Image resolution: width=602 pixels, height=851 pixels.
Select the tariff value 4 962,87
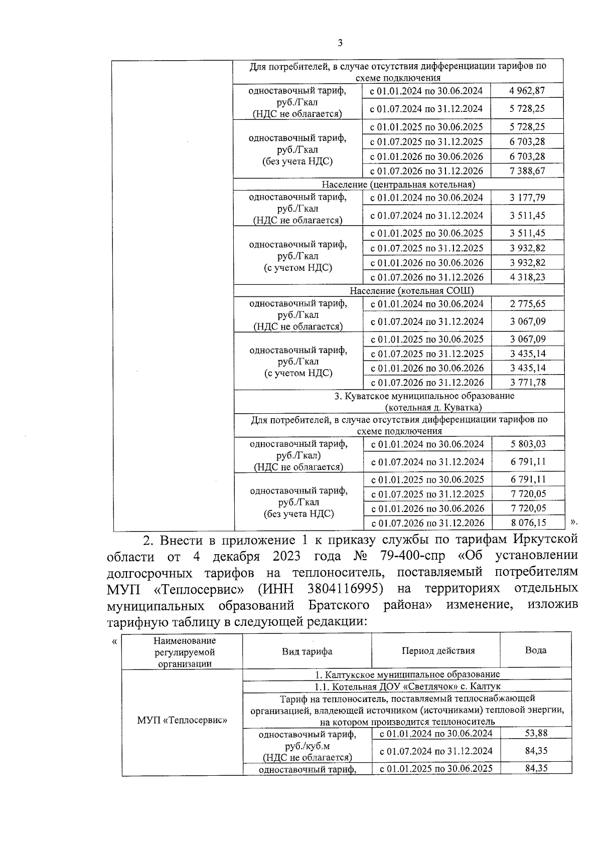tap(526, 91)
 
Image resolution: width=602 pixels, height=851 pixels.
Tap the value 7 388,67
tap(527, 171)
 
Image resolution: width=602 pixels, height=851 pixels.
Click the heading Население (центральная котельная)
tap(398, 185)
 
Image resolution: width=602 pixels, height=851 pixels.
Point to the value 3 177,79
tap(527, 198)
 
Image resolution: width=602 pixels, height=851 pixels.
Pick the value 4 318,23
tap(527, 277)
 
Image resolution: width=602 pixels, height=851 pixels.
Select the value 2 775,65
tap(527, 304)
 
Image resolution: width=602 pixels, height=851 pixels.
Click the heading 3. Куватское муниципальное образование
tap(424, 396)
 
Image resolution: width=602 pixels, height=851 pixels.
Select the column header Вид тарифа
tap(307, 651)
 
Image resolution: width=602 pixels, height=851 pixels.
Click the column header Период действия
tap(437, 651)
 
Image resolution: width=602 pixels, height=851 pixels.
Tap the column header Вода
tap(535, 650)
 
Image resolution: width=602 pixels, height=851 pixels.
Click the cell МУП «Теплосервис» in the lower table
tap(182, 720)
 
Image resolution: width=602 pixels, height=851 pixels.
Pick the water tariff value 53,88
tap(536, 733)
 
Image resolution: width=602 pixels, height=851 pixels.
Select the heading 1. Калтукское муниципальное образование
tap(407, 674)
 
